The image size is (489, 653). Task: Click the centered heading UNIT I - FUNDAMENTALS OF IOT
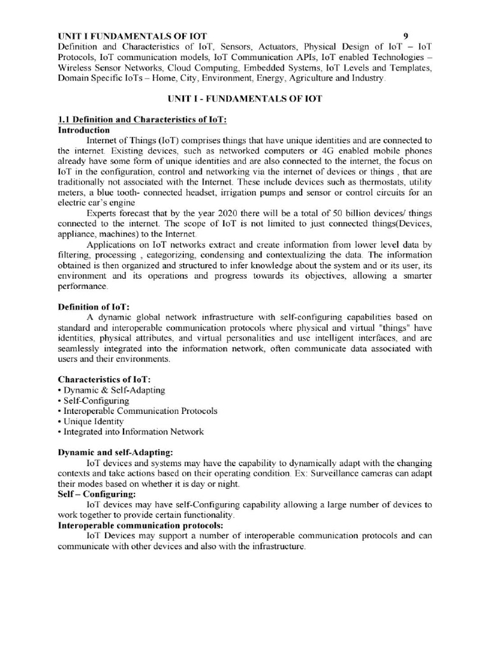tap(244, 99)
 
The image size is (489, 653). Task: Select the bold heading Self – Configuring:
tap(97, 494)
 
